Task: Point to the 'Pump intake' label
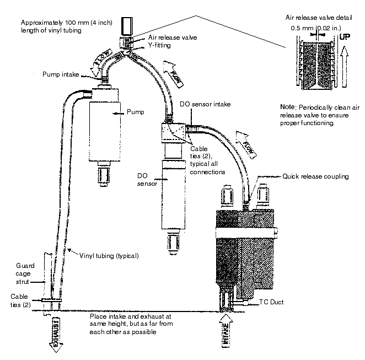(x=60, y=73)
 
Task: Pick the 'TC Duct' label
(x=271, y=303)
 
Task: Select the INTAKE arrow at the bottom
(x=226, y=333)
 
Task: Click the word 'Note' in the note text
(x=288, y=106)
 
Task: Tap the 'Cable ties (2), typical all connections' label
(x=207, y=160)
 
